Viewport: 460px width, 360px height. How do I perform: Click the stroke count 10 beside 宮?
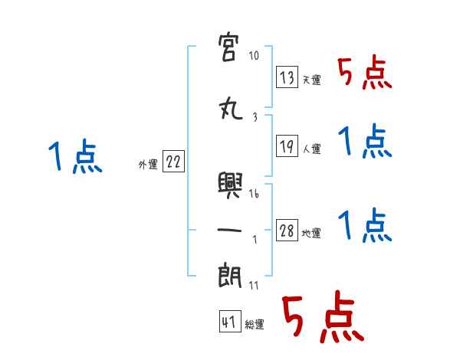pos(254,56)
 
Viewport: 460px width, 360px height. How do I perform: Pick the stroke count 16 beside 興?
pos(254,194)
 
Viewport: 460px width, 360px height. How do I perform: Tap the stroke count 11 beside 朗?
pos(254,286)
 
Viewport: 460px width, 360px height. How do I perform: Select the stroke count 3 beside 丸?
pos(254,117)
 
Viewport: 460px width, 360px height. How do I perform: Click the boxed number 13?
pos(287,78)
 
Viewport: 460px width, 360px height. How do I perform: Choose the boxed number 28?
pos(287,231)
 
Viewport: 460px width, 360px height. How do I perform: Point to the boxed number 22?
pos(173,162)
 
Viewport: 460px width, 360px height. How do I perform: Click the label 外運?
pos(148,164)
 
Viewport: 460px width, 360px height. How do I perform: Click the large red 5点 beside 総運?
pos(321,319)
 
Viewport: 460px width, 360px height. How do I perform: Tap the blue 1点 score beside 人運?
pos(364,142)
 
